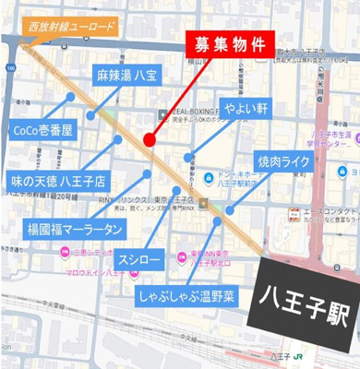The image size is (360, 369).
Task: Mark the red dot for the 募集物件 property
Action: tap(150, 139)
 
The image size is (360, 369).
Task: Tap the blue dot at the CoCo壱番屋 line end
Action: tap(71, 95)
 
